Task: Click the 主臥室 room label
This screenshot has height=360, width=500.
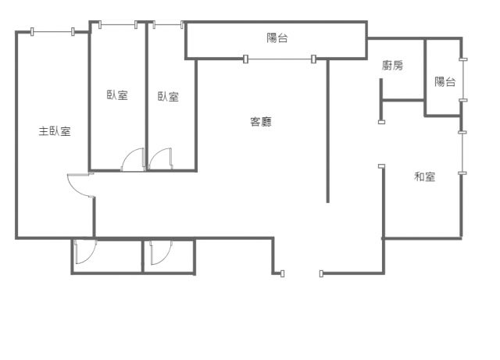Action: [x=55, y=131]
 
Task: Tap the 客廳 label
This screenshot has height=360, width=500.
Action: [x=261, y=122]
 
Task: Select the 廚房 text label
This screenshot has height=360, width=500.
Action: [x=392, y=66]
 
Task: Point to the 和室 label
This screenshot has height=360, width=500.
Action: [x=424, y=176]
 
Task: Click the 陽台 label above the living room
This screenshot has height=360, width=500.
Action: [x=277, y=38]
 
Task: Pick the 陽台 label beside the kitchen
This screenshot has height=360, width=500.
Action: [x=445, y=82]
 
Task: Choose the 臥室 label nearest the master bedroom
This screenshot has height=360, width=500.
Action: [x=117, y=95]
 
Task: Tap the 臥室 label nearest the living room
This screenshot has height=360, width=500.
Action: [x=168, y=97]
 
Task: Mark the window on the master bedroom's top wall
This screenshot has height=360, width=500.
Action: [x=52, y=31]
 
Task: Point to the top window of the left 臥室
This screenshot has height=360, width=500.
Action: [x=118, y=24]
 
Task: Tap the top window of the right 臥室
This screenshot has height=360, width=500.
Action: [x=168, y=24]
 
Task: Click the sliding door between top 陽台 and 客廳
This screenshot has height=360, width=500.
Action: [x=280, y=59]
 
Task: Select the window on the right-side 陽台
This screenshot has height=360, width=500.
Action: [x=463, y=80]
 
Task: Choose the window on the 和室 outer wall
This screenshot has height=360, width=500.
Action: [x=462, y=153]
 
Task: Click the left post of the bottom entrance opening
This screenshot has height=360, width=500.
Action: [x=282, y=273]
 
